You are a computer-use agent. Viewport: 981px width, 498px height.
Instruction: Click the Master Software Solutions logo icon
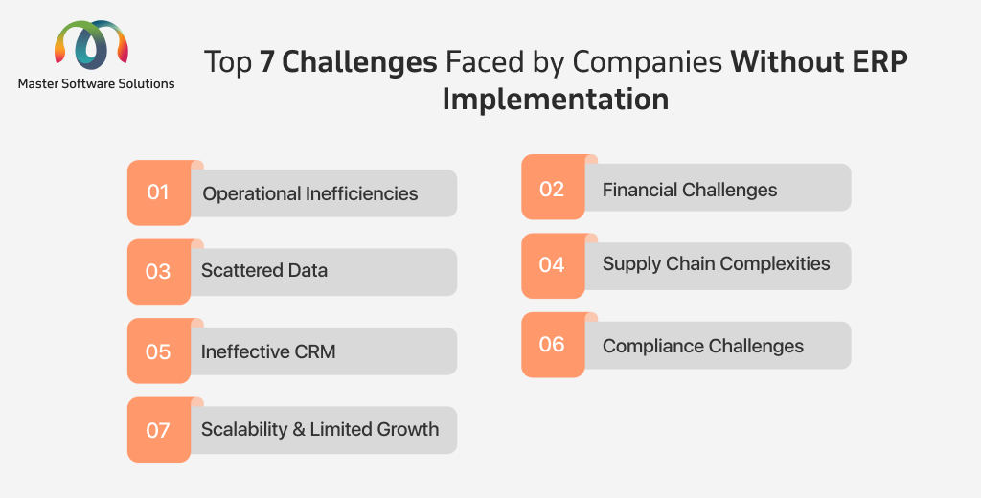[x=91, y=44]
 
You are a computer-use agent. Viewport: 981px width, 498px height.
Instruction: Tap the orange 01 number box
[x=159, y=192]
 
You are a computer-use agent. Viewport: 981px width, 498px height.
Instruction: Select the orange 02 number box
[x=553, y=187]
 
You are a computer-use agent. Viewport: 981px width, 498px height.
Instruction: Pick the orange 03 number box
[x=159, y=272]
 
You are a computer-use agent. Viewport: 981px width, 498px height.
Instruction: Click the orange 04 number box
[x=553, y=266]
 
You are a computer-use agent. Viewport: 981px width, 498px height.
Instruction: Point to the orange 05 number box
[x=159, y=351]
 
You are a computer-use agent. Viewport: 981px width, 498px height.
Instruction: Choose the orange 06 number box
[x=553, y=345]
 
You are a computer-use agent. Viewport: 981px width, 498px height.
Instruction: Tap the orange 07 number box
[x=159, y=430]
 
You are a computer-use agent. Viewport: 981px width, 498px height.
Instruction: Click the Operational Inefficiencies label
[x=310, y=194]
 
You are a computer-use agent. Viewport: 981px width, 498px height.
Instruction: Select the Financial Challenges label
[x=690, y=190]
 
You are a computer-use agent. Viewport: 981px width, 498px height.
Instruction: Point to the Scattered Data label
[x=264, y=270]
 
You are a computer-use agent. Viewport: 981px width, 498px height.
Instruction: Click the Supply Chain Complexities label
[x=717, y=264]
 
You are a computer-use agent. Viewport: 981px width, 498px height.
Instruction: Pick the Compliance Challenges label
[x=703, y=346]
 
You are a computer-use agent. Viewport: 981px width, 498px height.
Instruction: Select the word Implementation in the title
[x=556, y=99]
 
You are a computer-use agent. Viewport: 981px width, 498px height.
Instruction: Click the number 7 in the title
[x=267, y=62]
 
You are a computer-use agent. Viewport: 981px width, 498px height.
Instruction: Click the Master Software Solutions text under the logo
[x=97, y=84]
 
